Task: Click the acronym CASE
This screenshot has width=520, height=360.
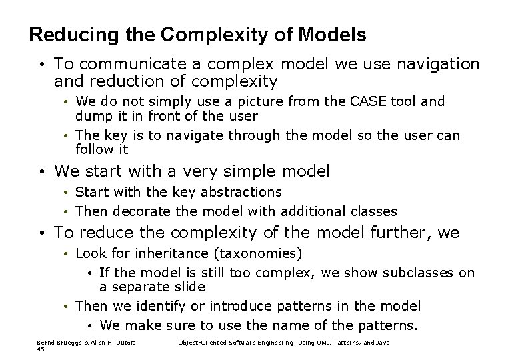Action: pyautogui.click(x=365, y=102)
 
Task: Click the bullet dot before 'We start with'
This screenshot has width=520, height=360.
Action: pyautogui.click(x=41, y=172)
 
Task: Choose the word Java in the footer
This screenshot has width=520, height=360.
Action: pyautogui.click(x=382, y=342)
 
